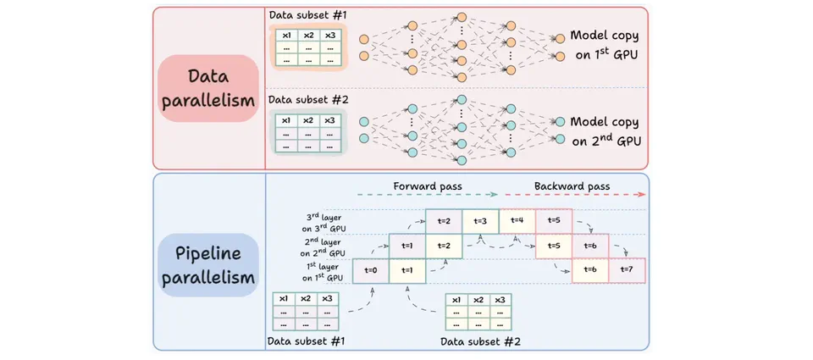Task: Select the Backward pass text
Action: click(x=572, y=186)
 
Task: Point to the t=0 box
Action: click(x=370, y=270)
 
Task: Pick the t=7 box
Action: click(x=627, y=270)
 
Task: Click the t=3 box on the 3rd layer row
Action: click(x=480, y=221)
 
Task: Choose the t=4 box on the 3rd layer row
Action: click(x=517, y=221)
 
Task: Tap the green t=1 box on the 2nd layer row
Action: click(x=406, y=246)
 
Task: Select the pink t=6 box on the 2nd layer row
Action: click(x=590, y=246)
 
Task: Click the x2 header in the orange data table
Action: click(x=307, y=35)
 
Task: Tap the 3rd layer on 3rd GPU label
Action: click(x=319, y=222)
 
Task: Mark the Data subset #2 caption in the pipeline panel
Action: click(x=481, y=341)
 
